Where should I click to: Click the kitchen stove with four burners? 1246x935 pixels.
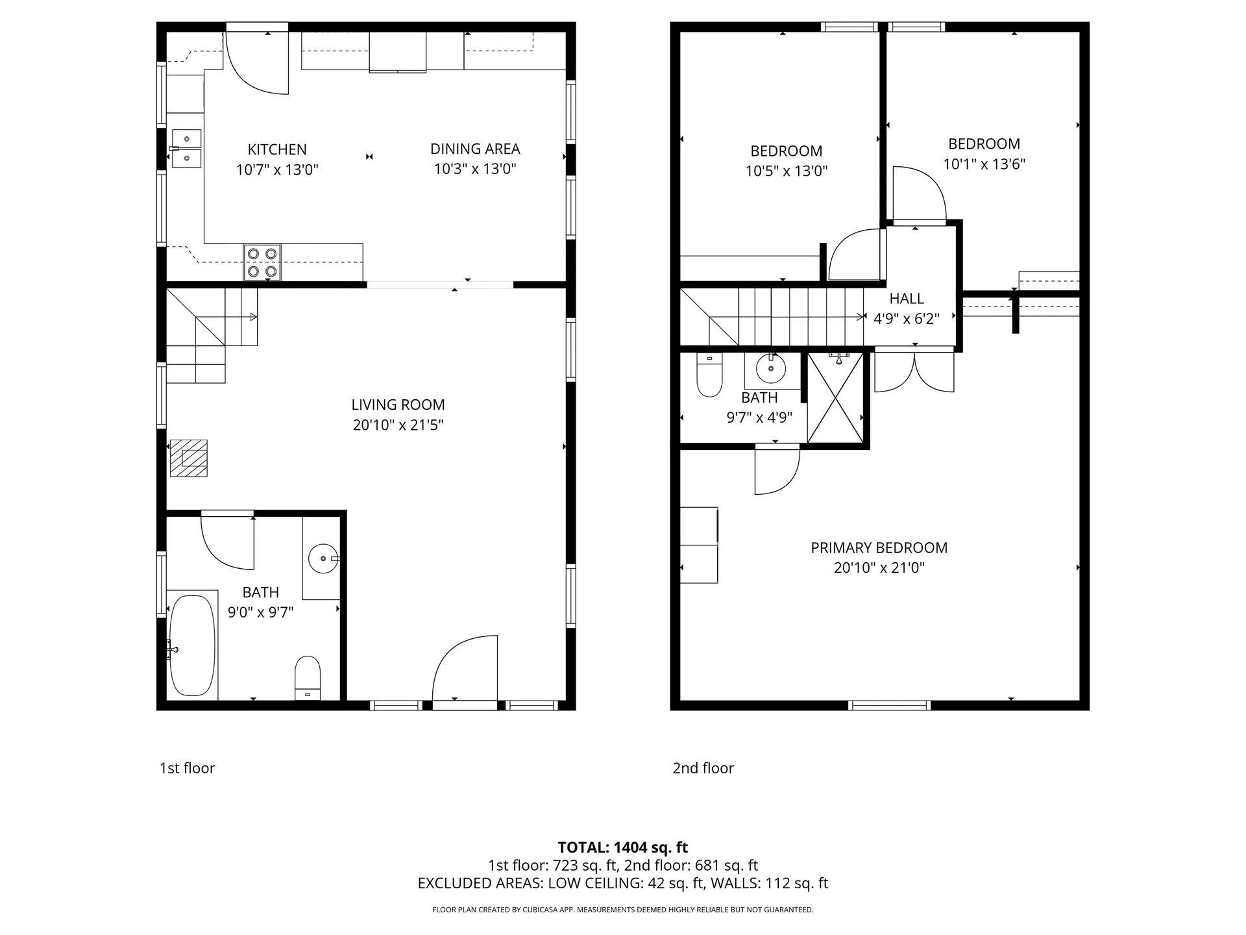point(262,262)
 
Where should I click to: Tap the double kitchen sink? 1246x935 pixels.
point(186,148)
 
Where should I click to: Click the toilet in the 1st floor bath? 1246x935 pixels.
point(308,677)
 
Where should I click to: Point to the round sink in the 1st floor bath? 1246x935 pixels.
point(323,558)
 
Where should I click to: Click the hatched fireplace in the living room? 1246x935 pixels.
point(189,458)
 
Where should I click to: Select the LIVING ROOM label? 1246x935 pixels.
point(398,405)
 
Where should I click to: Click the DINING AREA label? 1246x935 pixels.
point(475,149)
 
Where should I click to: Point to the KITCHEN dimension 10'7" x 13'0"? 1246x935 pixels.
point(277,170)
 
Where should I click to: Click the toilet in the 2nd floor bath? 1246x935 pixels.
point(709,375)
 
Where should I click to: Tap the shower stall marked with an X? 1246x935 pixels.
point(835,397)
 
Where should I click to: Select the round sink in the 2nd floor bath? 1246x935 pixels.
point(771,369)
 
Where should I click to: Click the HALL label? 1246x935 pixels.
point(907,299)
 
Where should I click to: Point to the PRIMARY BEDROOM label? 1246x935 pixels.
point(879,547)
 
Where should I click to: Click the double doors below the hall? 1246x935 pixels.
point(914,372)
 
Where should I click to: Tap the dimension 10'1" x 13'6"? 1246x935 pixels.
point(984,164)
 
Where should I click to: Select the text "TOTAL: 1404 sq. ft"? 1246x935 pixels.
point(623,847)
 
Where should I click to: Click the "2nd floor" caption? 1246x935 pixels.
point(703,768)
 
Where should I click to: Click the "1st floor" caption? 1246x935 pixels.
point(187,768)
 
